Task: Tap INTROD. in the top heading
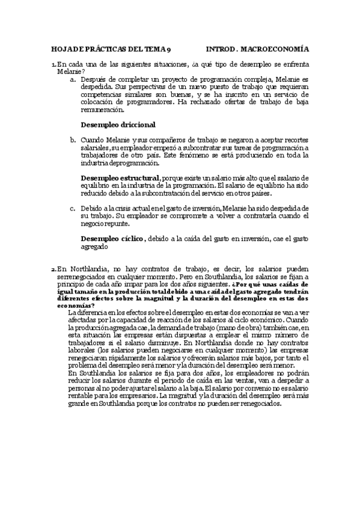(x=223, y=51)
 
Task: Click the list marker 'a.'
(x=73, y=79)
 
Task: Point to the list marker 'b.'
(x=73, y=140)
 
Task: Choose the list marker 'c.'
(x=73, y=207)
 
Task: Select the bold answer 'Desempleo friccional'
(x=118, y=125)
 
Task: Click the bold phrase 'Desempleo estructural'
(x=120, y=178)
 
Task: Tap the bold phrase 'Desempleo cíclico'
(x=112, y=239)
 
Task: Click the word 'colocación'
(x=99, y=102)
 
